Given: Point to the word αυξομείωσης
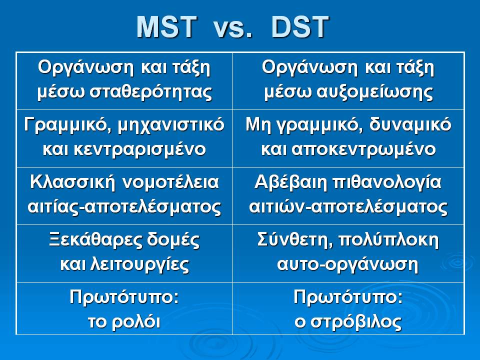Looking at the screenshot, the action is [374, 92].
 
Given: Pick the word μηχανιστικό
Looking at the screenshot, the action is [171, 125].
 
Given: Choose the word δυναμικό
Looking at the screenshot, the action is [410, 125].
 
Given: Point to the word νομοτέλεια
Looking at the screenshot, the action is [171, 182].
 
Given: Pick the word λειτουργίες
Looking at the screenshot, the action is [140, 265].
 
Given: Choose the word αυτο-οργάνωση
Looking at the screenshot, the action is [347, 265].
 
